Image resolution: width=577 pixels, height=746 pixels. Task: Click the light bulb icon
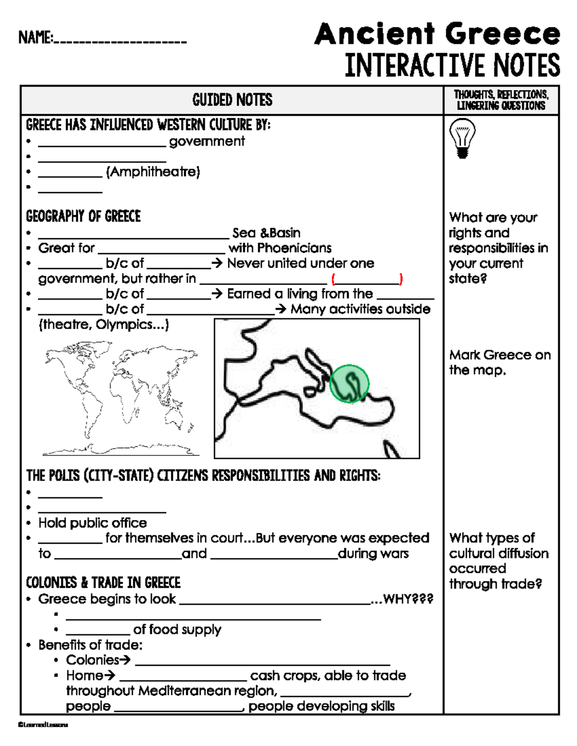[462, 138]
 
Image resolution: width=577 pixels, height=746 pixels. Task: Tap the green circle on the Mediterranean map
[350, 383]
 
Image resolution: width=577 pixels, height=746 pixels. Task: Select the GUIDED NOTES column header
[232, 100]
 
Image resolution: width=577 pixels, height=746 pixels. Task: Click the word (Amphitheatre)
[153, 172]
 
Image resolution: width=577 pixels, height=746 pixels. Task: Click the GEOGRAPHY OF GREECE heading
[83, 217]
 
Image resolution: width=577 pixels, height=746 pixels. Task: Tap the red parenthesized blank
[367, 279]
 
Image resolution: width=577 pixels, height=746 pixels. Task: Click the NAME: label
[36, 37]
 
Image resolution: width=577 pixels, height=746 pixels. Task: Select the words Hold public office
[93, 523]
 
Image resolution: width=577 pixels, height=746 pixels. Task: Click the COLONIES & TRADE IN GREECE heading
[103, 583]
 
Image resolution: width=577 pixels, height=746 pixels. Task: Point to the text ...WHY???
[402, 599]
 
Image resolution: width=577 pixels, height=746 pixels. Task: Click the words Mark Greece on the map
[500, 363]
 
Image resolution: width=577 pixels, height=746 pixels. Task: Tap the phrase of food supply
[177, 629]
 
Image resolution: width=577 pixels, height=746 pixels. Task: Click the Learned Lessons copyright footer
[43, 725]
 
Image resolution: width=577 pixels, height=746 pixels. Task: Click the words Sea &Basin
[266, 233]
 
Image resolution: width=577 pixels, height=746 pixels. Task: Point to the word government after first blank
[207, 141]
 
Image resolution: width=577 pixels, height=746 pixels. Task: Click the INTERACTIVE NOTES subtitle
[452, 65]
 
